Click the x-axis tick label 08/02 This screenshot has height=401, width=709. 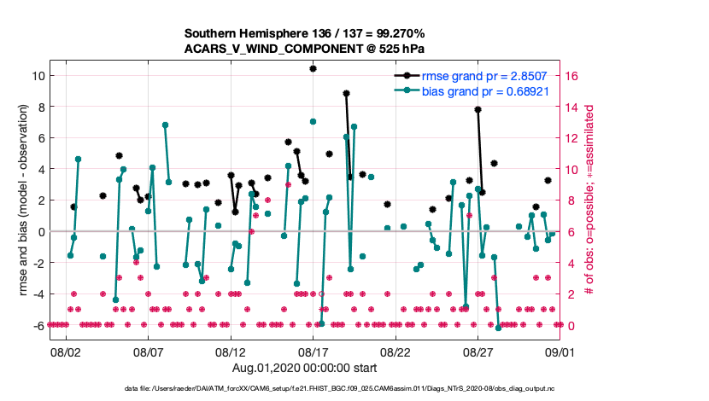pos(65,351)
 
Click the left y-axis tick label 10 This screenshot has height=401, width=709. pos(37,76)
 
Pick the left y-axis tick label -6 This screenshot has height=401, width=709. pos(38,325)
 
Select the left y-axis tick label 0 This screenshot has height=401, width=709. pos(40,231)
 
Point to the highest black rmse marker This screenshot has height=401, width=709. pos(313,68)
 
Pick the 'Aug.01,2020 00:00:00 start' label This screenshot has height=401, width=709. pos(304,368)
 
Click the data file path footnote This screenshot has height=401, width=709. pos(354,390)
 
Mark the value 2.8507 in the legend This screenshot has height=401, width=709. pos(529,76)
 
